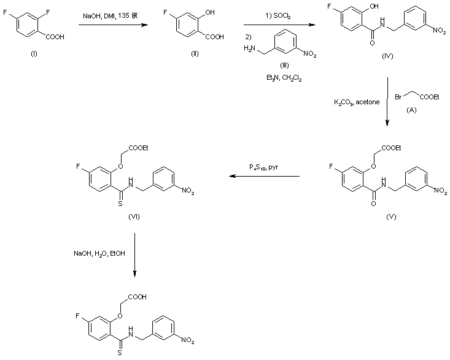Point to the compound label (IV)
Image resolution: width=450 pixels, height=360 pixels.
click(x=387, y=56)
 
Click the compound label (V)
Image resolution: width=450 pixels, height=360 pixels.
click(x=391, y=217)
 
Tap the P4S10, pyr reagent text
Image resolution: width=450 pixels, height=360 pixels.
click(x=264, y=168)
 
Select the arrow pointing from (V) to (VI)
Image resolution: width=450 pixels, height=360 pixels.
click(x=265, y=177)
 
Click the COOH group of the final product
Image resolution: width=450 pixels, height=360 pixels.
click(x=138, y=297)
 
